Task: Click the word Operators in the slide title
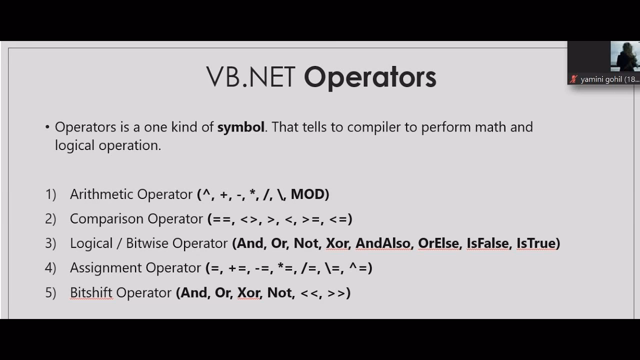370,77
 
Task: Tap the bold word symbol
240,127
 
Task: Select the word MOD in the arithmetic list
307,194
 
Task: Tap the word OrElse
438,243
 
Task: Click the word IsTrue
536,243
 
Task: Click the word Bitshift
91,292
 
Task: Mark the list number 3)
50,243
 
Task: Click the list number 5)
50,292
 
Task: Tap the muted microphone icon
573,79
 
